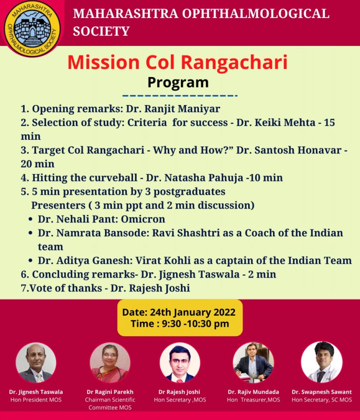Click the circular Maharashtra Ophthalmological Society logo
point(32,28)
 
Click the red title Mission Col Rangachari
point(178,62)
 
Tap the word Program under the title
point(178,82)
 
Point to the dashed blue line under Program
point(180,96)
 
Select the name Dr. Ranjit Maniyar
point(173,109)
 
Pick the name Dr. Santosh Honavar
point(289,150)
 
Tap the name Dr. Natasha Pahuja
point(194,178)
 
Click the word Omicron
point(143,219)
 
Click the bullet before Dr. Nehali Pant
point(30,219)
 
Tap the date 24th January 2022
point(193,312)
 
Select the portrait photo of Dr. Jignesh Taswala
point(36,363)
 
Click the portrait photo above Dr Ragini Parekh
point(110,363)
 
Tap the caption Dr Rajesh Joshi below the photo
point(179,392)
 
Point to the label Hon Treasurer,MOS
point(253,400)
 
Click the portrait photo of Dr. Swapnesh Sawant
point(322,362)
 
